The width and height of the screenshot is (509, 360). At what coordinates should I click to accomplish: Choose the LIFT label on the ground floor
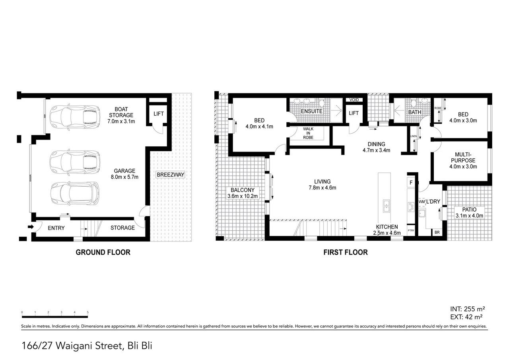[158, 114]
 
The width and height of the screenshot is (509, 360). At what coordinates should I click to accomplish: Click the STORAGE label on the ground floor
[122, 228]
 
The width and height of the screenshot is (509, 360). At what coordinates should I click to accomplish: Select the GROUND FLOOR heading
[103, 252]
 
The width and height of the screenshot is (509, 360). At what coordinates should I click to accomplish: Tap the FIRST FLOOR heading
[345, 252]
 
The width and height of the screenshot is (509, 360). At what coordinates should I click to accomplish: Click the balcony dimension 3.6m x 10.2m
[243, 196]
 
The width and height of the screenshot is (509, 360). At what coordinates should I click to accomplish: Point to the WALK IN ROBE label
[308, 133]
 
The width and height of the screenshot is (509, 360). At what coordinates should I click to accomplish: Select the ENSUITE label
[311, 111]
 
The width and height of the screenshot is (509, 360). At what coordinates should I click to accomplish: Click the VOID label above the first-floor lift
[353, 100]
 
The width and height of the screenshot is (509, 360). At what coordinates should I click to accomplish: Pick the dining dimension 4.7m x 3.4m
[376, 150]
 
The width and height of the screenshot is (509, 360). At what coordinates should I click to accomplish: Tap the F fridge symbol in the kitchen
[410, 183]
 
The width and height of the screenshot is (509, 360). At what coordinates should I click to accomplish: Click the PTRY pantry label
[411, 230]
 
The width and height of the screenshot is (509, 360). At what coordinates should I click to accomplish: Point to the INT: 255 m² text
[467, 309]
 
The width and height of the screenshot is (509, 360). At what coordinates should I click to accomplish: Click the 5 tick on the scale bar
[87, 312]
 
